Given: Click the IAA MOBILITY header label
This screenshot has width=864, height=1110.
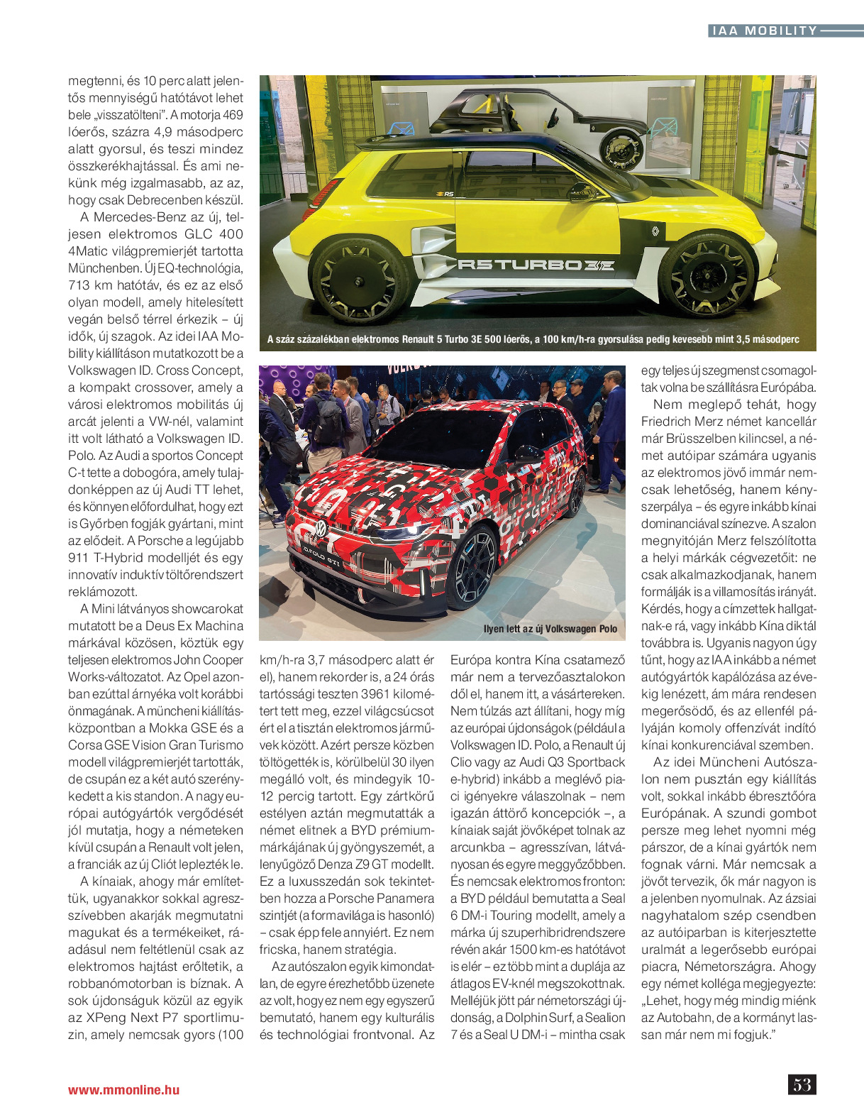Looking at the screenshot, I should pyautogui.click(x=763, y=31).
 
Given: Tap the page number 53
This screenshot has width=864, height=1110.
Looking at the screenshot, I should pyautogui.click(x=802, y=1084).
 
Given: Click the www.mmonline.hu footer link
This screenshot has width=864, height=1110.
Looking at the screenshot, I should pyautogui.click(x=123, y=1090).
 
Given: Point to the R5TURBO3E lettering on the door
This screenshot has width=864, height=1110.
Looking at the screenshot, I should pyautogui.click(x=536, y=265).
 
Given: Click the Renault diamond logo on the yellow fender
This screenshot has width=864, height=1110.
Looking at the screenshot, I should pyautogui.click(x=655, y=231).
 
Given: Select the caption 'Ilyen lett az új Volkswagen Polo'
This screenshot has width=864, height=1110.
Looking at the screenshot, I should pyautogui.click(x=550, y=629).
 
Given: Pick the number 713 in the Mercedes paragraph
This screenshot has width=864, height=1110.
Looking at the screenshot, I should pyautogui.click(x=79, y=285).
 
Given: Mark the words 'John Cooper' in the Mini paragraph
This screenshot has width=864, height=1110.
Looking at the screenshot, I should pyautogui.click(x=208, y=660).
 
